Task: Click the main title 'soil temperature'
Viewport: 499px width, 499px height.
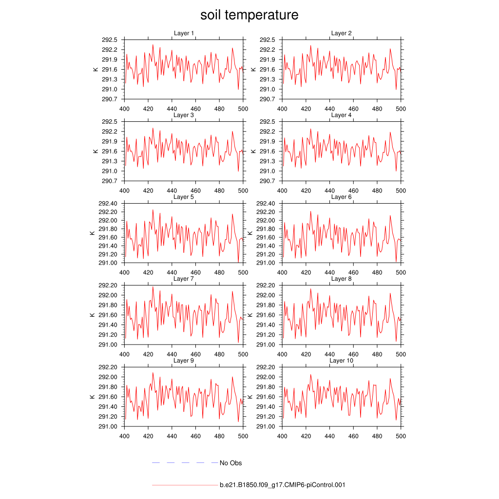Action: click(249, 15)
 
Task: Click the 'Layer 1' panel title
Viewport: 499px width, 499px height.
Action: click(184, 33)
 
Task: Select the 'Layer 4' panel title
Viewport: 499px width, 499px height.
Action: click(342, 115)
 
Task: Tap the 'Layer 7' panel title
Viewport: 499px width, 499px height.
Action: click(184, 279)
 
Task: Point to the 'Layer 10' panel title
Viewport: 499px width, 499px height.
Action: click(342, 361)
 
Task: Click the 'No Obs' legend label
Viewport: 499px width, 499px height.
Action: click(230, 463)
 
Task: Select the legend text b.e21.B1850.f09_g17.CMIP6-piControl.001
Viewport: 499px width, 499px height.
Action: click(282, 485)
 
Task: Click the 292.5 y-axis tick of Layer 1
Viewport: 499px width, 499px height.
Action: click(110, 40)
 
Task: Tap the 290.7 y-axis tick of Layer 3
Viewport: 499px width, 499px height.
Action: click(110, 181)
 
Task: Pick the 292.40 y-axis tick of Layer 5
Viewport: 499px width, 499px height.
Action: click(108, 204)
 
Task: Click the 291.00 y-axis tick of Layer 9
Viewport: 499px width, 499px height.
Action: click(108, 426)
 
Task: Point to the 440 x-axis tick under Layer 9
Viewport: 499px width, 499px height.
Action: click(172, 436)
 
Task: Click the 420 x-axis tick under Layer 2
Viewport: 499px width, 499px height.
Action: click(306, 109)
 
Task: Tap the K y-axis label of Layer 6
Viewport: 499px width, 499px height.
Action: click(250, 233)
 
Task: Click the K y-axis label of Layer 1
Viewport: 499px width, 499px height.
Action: click(96, 69)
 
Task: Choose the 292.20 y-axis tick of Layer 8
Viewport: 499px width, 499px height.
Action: click(267, 286)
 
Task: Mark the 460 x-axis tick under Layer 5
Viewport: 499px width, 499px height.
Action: click(195, 272)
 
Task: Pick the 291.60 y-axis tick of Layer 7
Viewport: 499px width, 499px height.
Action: click(108, 315)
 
